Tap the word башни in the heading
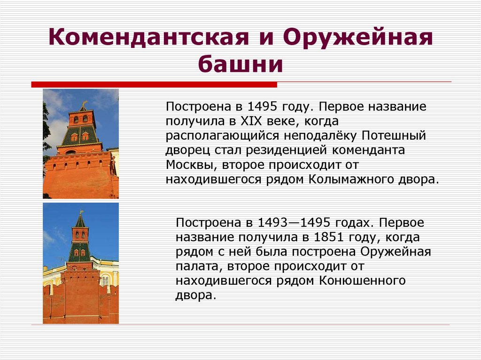coord(240,65)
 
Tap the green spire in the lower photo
coord(80,221)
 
